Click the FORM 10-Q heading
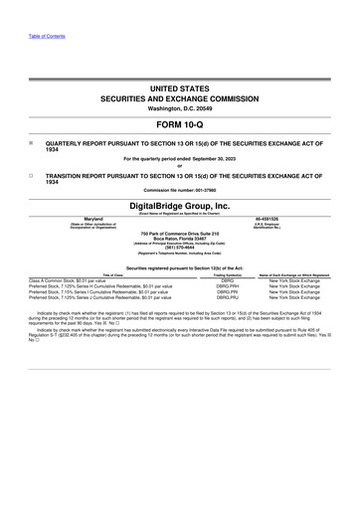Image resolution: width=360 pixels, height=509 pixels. coord(180,127)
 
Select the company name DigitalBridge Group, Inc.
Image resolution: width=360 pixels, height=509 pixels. coord(180,206)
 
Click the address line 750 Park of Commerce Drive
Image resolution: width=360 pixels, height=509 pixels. coord(180,234)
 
